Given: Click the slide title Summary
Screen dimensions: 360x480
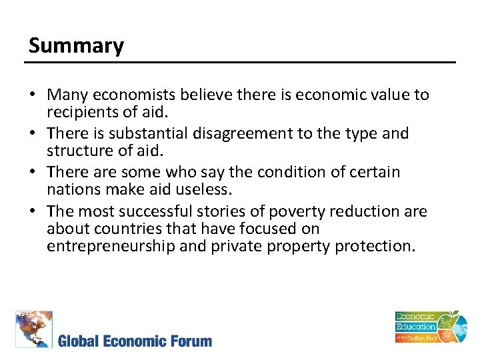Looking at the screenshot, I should pos(76,46).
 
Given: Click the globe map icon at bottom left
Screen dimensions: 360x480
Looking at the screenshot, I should pos(34,329).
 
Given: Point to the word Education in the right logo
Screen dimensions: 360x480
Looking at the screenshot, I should pos(415,327).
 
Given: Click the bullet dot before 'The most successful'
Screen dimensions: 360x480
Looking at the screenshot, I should pos(35,212).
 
